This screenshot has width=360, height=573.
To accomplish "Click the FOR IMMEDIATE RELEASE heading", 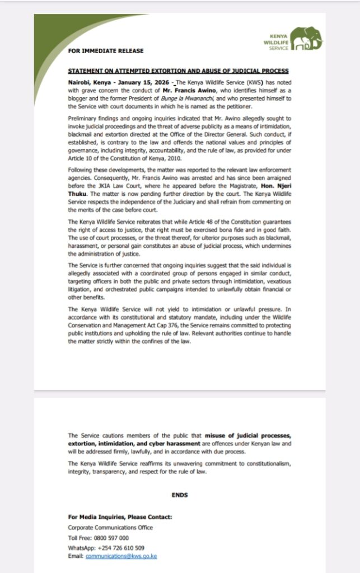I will pyautogui.click(x=106, y=51).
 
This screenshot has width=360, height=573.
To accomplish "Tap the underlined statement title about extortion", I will pyautogui.click(x=179, y=72).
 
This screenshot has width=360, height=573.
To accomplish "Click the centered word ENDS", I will pyautogui.click(x=180, y=495).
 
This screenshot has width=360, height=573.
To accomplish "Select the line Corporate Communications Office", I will pyautogui.click(x=110, y=528).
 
